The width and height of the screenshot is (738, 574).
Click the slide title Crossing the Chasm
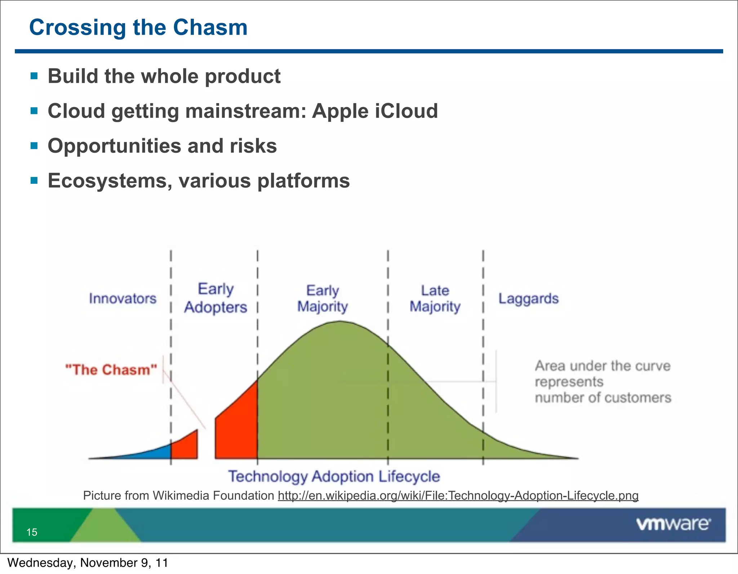(138, 27)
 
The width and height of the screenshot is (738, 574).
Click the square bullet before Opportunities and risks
(34, 146)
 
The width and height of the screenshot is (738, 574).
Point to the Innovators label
(123, 298)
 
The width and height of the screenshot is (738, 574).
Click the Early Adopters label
(215, 298)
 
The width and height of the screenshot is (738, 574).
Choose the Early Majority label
(323, 298)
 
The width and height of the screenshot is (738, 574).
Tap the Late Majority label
(435, 298)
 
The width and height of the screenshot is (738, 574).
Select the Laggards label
(528, 298)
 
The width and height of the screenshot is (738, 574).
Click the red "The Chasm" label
(111, 370)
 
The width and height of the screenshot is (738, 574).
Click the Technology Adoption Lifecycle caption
(334, 476)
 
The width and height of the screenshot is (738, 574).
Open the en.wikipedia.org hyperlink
(458, 495)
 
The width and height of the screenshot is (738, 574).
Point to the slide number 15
(32, 532)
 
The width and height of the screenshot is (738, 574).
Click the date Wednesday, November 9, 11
(88, 562)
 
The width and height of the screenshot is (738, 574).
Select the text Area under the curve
(602, 366)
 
